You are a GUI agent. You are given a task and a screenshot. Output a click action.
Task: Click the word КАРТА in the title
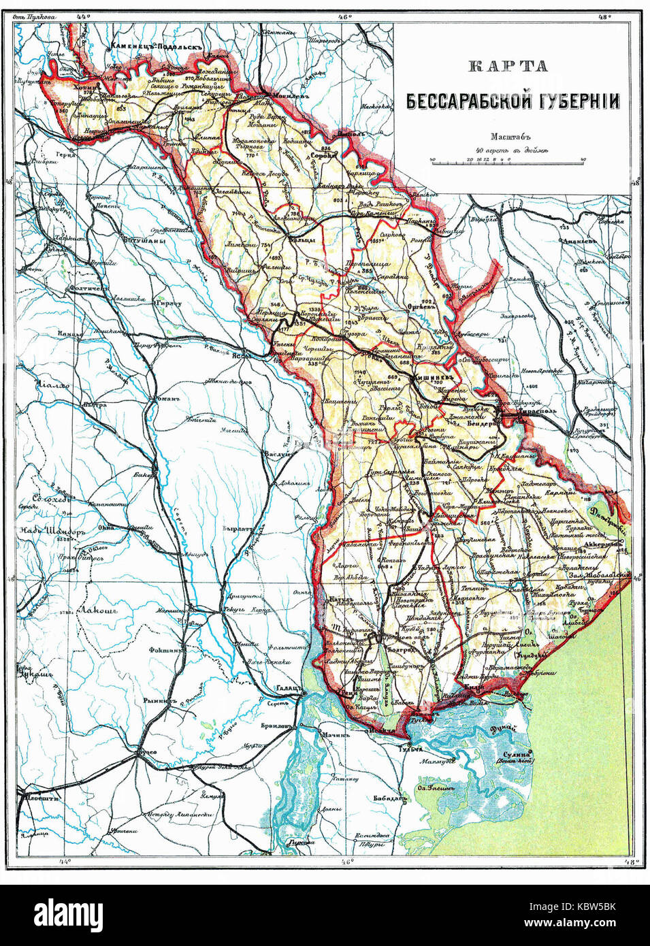[x=498, y=66]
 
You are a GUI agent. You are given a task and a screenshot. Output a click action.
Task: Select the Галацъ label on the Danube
[x=287, y=687]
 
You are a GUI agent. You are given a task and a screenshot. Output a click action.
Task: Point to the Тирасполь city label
[x=526, y=412]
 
